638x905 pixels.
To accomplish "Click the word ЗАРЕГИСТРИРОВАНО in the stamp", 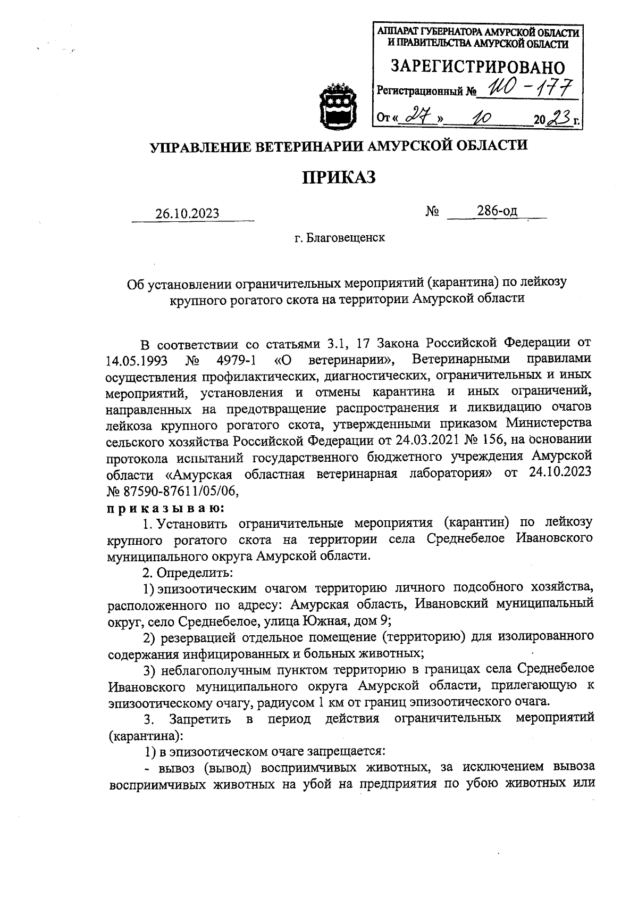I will coord(477,67).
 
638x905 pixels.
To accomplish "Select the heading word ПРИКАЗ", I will coord(339,177).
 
